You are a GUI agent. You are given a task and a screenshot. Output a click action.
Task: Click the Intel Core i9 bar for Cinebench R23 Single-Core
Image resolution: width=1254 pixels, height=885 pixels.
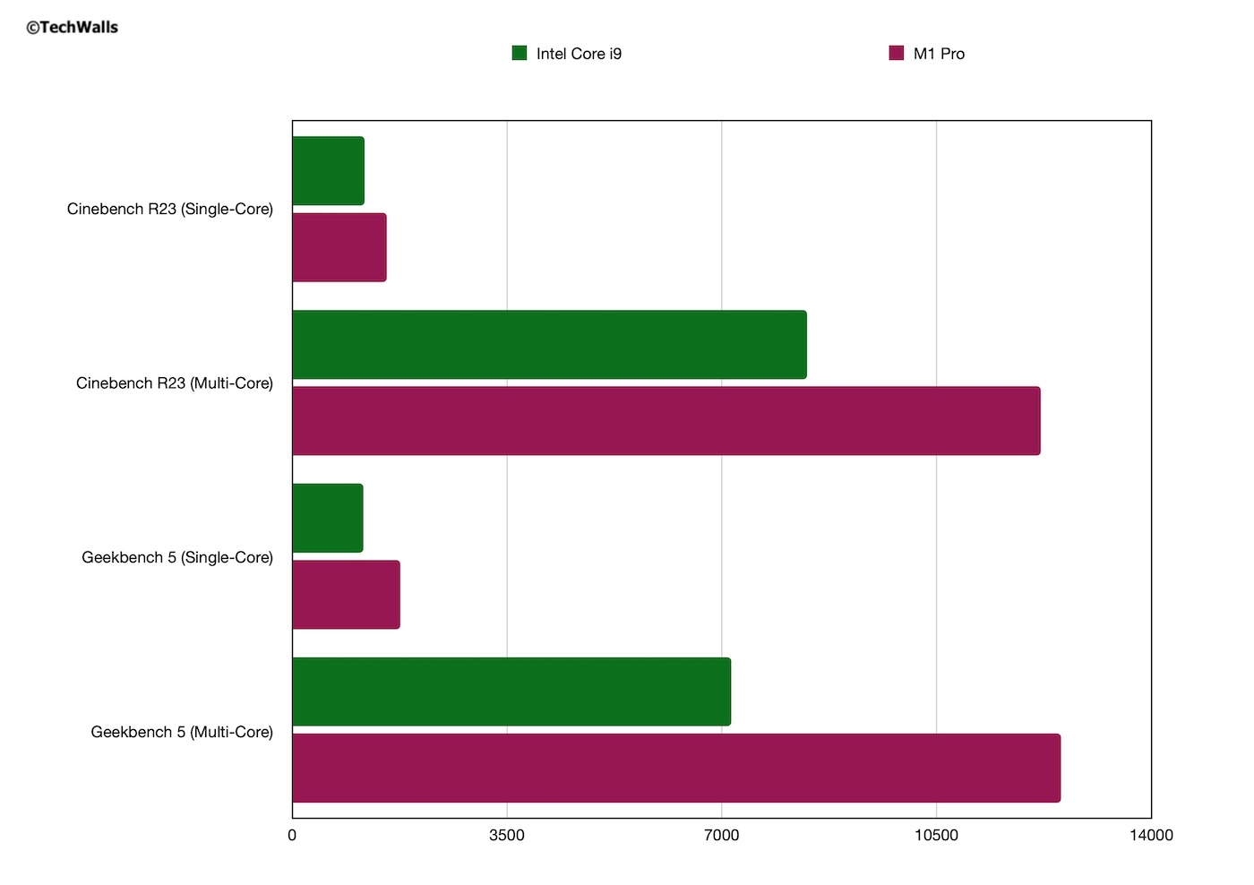(328, 171)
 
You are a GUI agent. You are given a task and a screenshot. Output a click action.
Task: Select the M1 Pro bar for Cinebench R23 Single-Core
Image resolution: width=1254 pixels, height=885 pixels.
(339, 247)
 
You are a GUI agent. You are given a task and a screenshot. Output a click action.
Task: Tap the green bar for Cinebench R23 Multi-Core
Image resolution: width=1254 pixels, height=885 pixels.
(549, 345)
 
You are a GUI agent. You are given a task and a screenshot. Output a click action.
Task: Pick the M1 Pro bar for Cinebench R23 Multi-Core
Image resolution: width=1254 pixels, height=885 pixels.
(666, 421)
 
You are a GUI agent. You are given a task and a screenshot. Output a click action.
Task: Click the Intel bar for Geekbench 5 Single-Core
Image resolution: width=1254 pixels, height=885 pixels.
(327, 519)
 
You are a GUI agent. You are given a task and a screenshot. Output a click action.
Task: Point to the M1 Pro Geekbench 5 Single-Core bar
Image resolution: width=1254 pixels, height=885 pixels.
(346, 595)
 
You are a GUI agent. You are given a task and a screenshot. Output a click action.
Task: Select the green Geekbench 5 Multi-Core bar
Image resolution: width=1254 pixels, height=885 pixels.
(511, 692)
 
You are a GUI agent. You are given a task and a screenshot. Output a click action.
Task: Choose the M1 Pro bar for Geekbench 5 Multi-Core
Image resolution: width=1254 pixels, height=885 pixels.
(675, 769)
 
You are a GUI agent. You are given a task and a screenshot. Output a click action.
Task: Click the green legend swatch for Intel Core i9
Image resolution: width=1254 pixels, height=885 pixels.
(520, 53)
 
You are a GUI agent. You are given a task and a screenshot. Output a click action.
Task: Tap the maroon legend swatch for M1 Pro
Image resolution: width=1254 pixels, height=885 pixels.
(897, 53)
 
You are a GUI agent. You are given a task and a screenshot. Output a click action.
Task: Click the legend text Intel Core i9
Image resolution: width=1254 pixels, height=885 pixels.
(579, 54)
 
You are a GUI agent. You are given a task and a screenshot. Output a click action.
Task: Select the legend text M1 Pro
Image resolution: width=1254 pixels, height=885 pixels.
(939, 54)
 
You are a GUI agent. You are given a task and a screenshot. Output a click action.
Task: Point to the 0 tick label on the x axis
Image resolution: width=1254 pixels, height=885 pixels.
(292, 836)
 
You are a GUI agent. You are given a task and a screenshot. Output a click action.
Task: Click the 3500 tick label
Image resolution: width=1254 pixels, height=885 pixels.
(507, 836)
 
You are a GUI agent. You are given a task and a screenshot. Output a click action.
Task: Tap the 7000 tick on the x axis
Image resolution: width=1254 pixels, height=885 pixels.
(721, 836)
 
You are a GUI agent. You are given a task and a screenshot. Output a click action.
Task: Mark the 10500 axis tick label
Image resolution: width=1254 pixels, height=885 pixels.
(936, 836)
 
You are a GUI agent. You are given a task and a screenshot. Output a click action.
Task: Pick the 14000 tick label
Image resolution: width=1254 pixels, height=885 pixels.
(1150, 836)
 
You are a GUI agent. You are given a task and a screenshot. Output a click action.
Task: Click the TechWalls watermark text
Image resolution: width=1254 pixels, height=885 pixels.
(73, 28)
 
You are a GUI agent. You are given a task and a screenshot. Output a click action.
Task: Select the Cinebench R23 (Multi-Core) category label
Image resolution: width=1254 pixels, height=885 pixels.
(175, 383)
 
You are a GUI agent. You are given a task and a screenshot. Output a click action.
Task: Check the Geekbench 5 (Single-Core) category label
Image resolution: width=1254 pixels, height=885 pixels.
(177, 557)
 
